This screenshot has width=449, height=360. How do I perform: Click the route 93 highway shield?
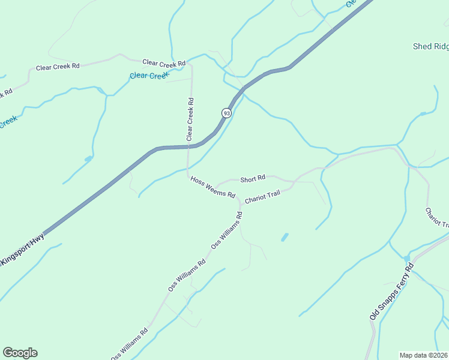click(x=226, y=113)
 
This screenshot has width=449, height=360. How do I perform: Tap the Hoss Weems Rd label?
click(x=212, y=187)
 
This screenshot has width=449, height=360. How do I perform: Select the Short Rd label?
click(x=253, y=179)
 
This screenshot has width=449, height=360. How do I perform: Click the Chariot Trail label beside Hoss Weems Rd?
click(x=263, y=197)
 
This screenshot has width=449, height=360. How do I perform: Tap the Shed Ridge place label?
click(x=430, y=46)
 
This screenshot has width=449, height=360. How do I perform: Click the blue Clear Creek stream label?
click(x=149, y=76)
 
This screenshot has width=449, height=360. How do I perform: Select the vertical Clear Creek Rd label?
click(x=190, y=119)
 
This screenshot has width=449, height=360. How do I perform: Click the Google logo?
click(x=20, y=353)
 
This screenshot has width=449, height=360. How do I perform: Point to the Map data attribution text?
click(x=423, y=355)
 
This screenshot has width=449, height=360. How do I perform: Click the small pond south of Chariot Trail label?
click(x=284, y=237)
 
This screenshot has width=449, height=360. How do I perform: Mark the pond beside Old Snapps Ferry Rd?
click(x=407, y=259)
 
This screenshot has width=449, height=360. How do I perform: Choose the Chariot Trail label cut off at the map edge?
click(x=437, y=217)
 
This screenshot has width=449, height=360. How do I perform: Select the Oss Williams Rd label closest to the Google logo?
click(x=129, y=344)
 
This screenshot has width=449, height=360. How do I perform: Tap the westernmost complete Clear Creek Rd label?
click(x=58, y=67)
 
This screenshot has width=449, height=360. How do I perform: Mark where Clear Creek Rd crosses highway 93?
click(x=189, y=145)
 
